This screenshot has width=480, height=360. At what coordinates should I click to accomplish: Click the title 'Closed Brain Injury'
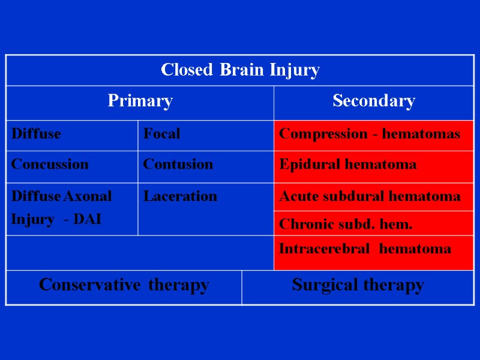click(240, 70)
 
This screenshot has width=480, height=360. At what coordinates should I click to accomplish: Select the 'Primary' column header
click(140, 101)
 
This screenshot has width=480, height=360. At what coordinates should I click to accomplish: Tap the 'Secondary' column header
click(373, 101)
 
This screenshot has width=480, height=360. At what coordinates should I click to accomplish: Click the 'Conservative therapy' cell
click(124, 285)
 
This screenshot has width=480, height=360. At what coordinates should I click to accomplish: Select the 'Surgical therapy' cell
click(358, 285)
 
